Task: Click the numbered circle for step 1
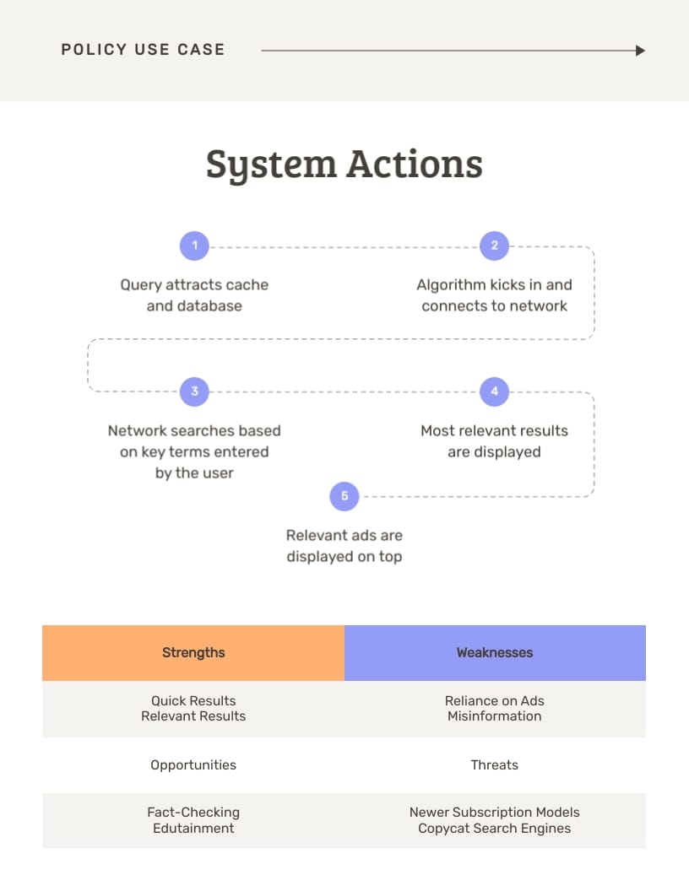pyautogui.click(x=194, y=246)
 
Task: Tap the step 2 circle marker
pyautogui.click(x=494, y=246)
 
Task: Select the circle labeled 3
pyautogui.click(x=194, y=391)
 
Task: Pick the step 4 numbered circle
pyautogui.click(x=494, y=391)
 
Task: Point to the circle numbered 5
pyautogui.click(x=344, y=496)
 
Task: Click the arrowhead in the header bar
pyautogui.click(x=640, y=51)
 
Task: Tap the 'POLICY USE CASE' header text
pyautogui.click(x=143, y=50)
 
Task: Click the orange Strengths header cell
pyautogui.click(x=193, y=652)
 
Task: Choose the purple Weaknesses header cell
pyautogui.click(x=495, y=652)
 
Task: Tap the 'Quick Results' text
pyautogui.click(x=193, y=700)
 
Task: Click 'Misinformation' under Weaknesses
pyautogui.click(x=495, y=716)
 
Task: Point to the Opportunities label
pyautogui.click(x=193, y=765)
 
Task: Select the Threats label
pyautogui.click(x=495, y=765)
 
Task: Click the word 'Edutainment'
pyautogui.click(x=193, y=829)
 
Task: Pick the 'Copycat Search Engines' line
pyautogui.click(x=495, y=829)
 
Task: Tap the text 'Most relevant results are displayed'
pyautogui.click(x=494, y=441)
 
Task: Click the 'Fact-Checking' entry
pyautogui.click(x=193, y=813)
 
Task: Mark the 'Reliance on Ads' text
pyautogui.click(x=495, y=700)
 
